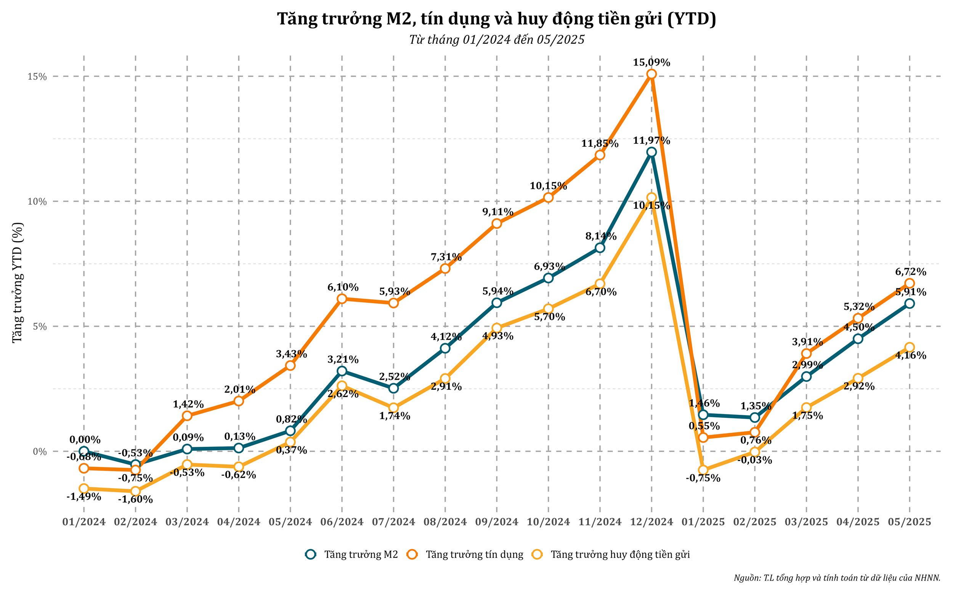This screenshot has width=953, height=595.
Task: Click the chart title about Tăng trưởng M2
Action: tap(496, 19)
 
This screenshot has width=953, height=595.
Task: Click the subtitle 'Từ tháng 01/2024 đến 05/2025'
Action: tap(497, 40)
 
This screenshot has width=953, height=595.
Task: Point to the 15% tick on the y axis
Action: tap(37, 76)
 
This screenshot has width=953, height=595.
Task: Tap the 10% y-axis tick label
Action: tap(37, 202)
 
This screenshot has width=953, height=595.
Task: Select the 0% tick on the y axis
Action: tap(40, 451)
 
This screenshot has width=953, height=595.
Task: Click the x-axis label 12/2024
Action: tap(651, 522)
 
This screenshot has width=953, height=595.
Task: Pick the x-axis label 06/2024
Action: tap(342, 522)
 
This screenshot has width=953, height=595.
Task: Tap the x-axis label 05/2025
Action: tap(909, 522)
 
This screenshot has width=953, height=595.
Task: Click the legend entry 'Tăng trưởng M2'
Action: tap(361, 555)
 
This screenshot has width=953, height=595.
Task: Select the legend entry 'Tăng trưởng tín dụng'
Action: tap(474, 555)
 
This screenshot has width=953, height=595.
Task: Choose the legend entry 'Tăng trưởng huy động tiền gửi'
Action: tap(620, 555)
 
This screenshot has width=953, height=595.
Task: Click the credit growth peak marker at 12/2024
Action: tap(651, 74)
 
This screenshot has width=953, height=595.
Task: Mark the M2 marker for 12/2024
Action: tap(651, 152)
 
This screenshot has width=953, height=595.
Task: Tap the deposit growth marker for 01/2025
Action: tap(703, 470)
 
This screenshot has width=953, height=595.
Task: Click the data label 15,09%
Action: tap(651, 62)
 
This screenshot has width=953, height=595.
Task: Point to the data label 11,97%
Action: tap(651, 141)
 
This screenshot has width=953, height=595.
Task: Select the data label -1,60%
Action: tap(135, 499)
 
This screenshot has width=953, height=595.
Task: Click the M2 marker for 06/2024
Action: tap(342, 371)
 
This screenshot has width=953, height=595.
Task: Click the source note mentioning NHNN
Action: tap(837, 578)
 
